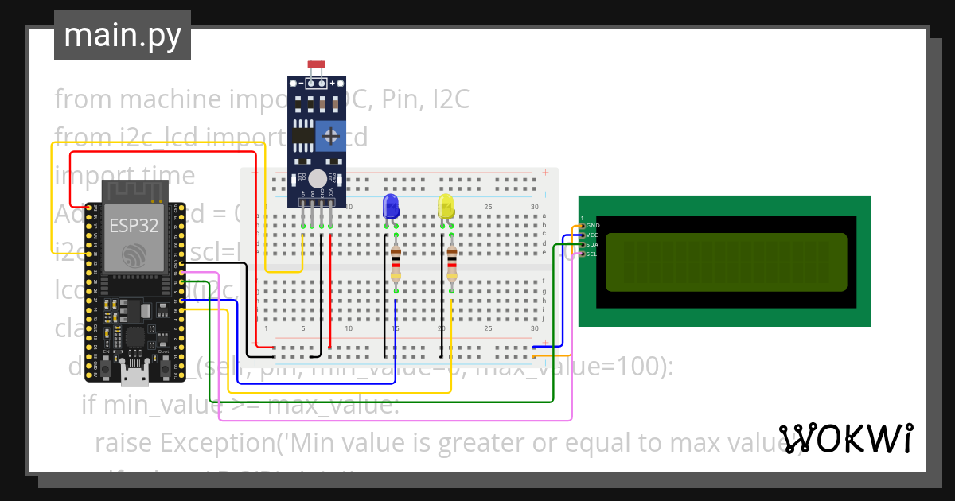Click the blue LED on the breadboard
391,206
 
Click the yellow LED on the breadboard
446,207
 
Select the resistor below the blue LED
396,263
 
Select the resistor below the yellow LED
451,263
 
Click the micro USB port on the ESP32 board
134,367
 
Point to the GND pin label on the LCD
593,226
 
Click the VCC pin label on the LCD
593,235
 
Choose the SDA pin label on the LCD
593,245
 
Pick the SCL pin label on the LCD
593,254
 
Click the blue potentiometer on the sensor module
330,136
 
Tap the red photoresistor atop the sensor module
316,64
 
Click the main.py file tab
122,35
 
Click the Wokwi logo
846,438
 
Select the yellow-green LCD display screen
726,262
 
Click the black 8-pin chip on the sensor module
302,136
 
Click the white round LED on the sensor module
318,178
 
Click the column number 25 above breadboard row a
488,208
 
